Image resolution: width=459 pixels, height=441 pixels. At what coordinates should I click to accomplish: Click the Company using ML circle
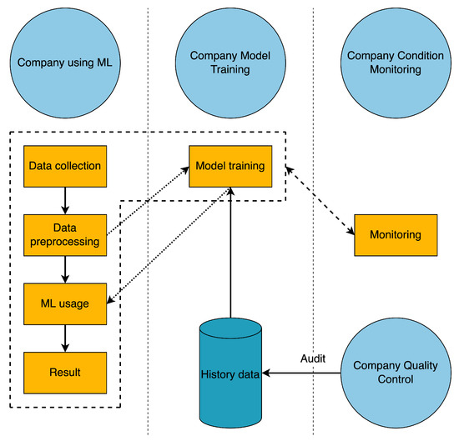(x=65, y=63)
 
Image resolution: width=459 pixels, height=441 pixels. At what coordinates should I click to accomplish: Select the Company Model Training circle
(x=229, y=63)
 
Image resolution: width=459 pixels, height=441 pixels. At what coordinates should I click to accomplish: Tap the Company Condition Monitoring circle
(x=395, y=63)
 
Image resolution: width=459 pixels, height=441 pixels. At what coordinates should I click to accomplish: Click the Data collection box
(x=65, y=166)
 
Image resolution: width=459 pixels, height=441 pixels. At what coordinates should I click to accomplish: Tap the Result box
(x=65, y=372)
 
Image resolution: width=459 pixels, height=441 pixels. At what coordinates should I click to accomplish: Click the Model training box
(x=229, y=166)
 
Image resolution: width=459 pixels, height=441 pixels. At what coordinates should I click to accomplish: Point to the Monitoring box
(x=395, y=236)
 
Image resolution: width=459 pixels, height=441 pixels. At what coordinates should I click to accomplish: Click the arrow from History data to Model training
(x=229, y=250)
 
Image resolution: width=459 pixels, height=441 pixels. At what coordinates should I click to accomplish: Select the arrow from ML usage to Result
(x=65, y=337)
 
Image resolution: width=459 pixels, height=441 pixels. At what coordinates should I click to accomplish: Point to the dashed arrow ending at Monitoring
(x=320, y=202)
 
